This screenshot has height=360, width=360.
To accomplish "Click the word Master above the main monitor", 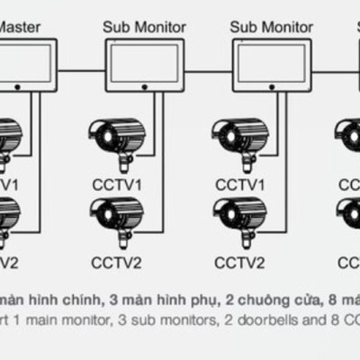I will [x=21, y=27].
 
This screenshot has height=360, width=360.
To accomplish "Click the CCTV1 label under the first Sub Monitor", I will [x=115, y=184].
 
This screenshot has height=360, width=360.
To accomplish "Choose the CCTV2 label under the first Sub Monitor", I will [x=115, y=263].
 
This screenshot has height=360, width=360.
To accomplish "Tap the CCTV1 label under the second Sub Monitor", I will [x=239, y=184].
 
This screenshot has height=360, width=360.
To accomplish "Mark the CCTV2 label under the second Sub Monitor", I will [x=239, y=263].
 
